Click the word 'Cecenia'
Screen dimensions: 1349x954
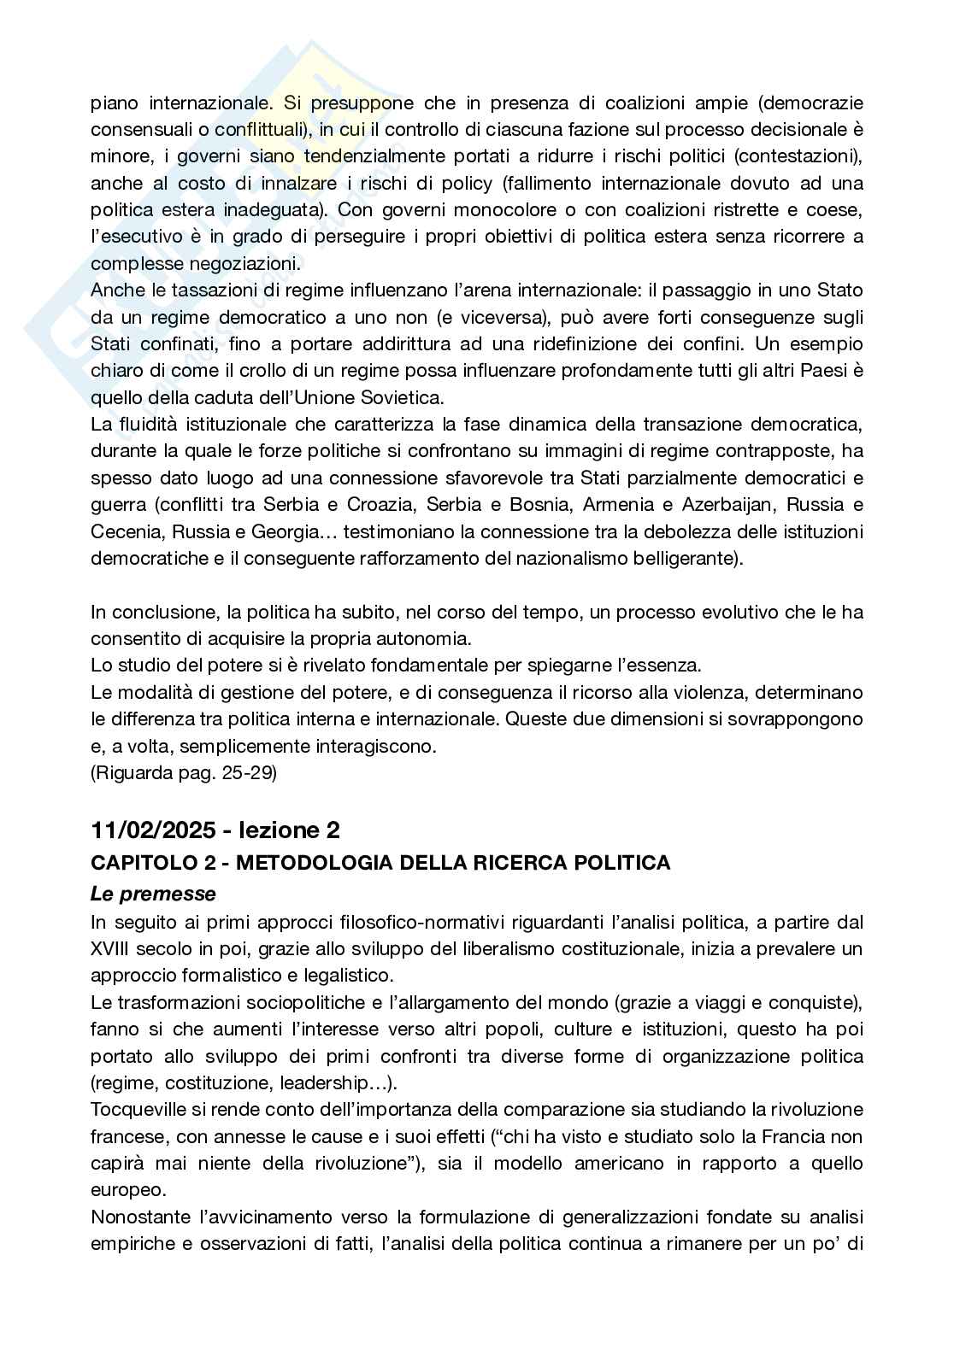pyautogui.click(x=127, y=531)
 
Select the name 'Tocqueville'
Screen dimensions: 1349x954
pyautogui.click(x=140, y=1110)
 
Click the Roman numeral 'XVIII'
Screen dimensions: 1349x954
pyautogui.click(x=114, y=948)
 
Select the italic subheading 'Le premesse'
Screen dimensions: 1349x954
pyautogui.click(x=153, y=894)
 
